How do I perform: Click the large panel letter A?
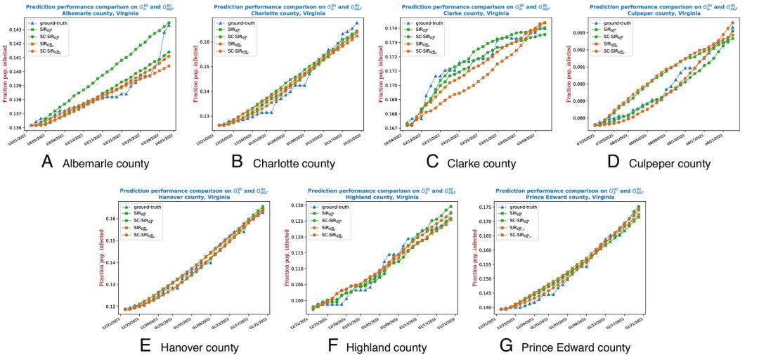pyautogui.click(x=47, y=162)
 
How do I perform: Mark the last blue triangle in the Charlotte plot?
pyautogui.click(x=357, y=22)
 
